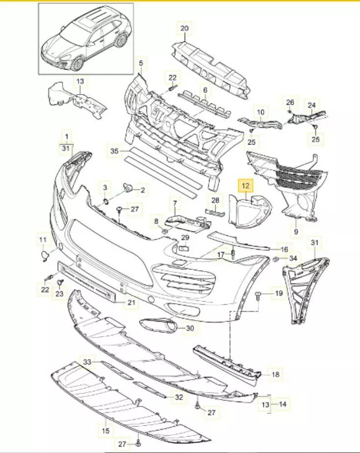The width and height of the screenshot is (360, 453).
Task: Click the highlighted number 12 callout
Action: (245, 186)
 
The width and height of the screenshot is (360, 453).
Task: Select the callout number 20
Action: (184, 28)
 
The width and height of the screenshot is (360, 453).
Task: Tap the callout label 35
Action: (114, 152)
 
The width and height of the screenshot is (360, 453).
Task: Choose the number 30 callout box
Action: (190, 328)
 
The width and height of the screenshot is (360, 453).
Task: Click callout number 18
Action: (275, 374)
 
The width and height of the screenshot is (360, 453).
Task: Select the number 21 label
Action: (131, 303)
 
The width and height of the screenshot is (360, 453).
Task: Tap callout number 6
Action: (205, 90)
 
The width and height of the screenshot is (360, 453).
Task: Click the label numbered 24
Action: (312, 104)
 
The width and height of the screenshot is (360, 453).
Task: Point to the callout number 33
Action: (87, 362)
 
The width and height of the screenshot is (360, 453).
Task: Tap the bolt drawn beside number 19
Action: (258, 294)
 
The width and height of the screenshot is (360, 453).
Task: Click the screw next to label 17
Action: (233, 254)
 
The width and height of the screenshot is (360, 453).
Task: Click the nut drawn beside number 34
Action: (276, 258)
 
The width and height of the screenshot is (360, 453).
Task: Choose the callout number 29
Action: (185, 238)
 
